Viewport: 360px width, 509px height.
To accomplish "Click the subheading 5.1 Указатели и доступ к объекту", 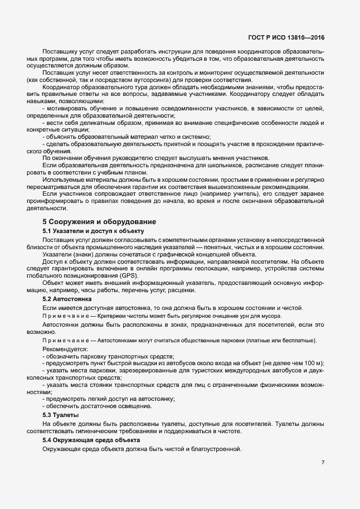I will pyautogui.click(x=86, y=231).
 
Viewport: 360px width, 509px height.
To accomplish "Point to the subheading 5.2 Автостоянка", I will pyautogui.click(x=62, y=299).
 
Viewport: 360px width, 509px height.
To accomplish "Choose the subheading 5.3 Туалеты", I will pyautogui.click(x=61, y=415).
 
